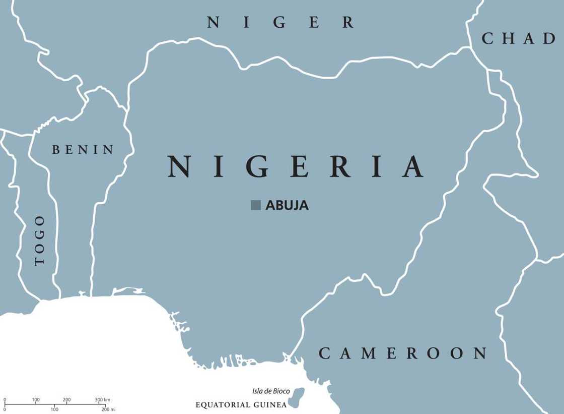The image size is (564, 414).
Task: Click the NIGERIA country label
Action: click(x=295, y=167)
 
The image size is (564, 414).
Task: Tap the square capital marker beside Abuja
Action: click(x=256, y=205)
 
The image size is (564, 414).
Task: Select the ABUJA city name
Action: click(x=287, y=205)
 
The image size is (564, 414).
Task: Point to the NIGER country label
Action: click(x=281, y=23)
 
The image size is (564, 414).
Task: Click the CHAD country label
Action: click(x=518, y=39)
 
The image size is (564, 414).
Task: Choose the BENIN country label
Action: click(x=83, y=150)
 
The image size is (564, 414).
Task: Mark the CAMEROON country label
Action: click(x=403, y=353)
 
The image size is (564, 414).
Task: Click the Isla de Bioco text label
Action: click(x=270, y=391)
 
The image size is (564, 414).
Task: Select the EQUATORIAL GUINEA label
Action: click(x=241, y=405)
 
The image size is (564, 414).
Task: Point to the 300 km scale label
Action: click(x=102, y=400)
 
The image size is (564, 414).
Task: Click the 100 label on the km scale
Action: click(x=36, y=400)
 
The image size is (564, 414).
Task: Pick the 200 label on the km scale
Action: click(x=67, y=400)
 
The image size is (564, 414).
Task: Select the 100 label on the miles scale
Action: click(x=54, y=409)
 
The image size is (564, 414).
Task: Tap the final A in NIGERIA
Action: click(x=412, y=167)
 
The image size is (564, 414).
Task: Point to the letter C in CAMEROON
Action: click(x=325, y=353)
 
